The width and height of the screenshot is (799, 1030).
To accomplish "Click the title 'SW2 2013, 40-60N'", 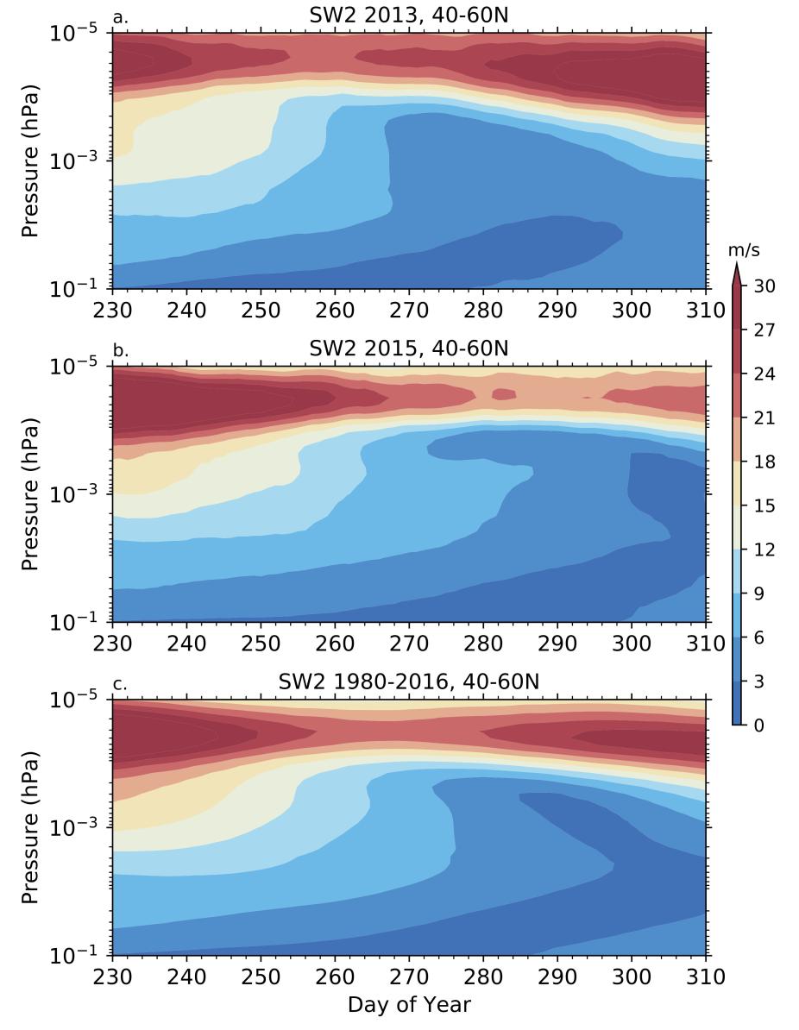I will tap(409, 15).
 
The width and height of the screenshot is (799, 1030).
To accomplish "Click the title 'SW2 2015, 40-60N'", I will tap(409, 349).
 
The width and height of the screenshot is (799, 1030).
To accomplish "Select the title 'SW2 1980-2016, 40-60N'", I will tap(409, 682).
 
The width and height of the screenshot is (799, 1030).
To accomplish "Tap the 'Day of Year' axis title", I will tap(409, 1005).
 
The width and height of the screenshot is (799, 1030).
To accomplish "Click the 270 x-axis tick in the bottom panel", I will tap(409, 977).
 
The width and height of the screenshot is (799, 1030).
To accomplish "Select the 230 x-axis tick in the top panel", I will tap(112, 309).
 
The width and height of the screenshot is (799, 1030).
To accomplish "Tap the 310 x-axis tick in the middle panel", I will tap(706, 643).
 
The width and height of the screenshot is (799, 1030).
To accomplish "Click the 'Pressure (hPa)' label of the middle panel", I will tap(31, 494).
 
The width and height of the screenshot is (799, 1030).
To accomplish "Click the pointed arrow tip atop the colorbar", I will tap(738, 266).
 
